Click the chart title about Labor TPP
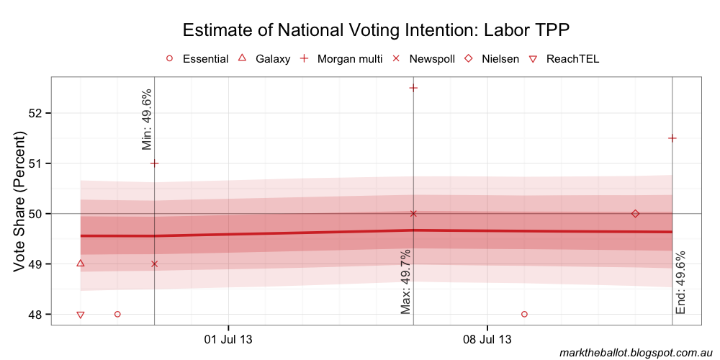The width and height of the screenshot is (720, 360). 377,30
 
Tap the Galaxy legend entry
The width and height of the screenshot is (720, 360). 264,59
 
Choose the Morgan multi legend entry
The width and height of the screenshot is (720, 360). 342,59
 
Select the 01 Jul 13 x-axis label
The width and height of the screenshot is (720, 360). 228,339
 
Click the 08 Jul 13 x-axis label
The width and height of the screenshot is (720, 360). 487,339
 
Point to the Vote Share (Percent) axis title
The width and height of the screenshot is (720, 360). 19,202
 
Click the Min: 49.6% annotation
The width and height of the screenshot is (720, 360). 147,120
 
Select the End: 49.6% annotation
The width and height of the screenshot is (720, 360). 681,283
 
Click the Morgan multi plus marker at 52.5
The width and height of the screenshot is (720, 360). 413,88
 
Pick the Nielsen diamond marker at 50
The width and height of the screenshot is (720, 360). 635,214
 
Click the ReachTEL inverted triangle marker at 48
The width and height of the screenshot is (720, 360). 80,315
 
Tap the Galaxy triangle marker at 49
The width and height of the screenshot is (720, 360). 80,264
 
